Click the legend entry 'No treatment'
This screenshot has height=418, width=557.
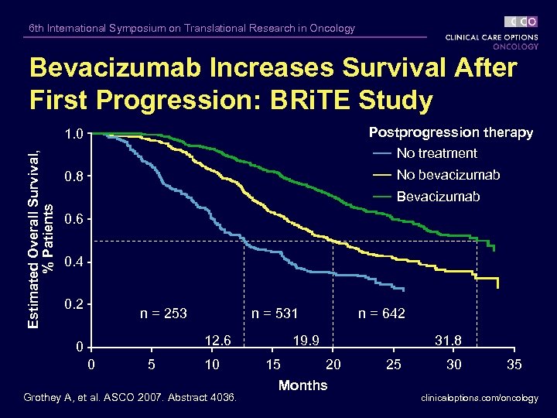click(x=436, y=153)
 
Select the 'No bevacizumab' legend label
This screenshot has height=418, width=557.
click(x=448, y=175)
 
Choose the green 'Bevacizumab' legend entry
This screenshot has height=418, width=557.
click(x=438, y=197)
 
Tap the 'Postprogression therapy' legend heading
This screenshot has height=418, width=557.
click(x=451, y=132)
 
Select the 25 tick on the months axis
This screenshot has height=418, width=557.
click(x=394, y=365)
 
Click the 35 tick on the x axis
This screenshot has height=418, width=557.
click(x=514, y=365)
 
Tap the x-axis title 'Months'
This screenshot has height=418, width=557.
click(x=302, y=385)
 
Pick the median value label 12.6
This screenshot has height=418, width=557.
click(x=217, y=340)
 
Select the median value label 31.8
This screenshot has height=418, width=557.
click(x=449, y=340)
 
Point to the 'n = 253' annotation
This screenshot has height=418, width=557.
click(x=163, y=313)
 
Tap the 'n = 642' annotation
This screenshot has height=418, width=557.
click(x=381, y=313)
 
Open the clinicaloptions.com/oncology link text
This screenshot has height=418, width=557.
click(x=480, y=398)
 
